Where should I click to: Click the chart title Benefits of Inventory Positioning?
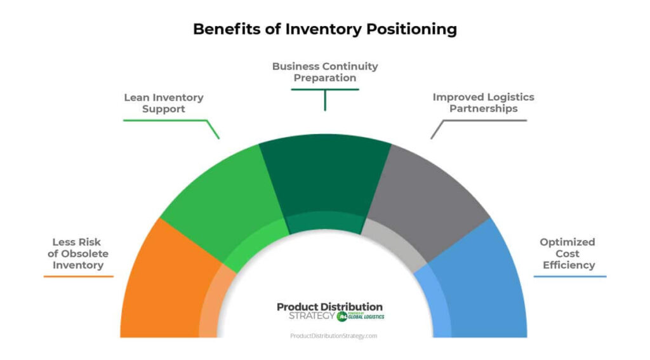pyautogui.click(x=324, y=29)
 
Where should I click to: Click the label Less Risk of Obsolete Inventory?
pyautogui.click(x=78, y=253)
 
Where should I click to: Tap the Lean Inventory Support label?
pyautogui.click(x=163, y=103)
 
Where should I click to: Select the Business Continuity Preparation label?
pyautogui.click(x=324, y=72)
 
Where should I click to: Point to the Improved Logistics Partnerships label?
pyautogui.click(x=483, y=103)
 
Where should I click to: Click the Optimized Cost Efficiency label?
pyautogui.click(x=567, y=253)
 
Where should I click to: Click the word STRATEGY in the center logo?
pyautogui.click(x=311, y=316)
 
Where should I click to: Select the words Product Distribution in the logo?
pyautogui.click(x=329, y=307)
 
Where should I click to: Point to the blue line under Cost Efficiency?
pyautogui.click(x=569, y=276)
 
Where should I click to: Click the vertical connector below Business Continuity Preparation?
pyautogui.click(x=324, y=100)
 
